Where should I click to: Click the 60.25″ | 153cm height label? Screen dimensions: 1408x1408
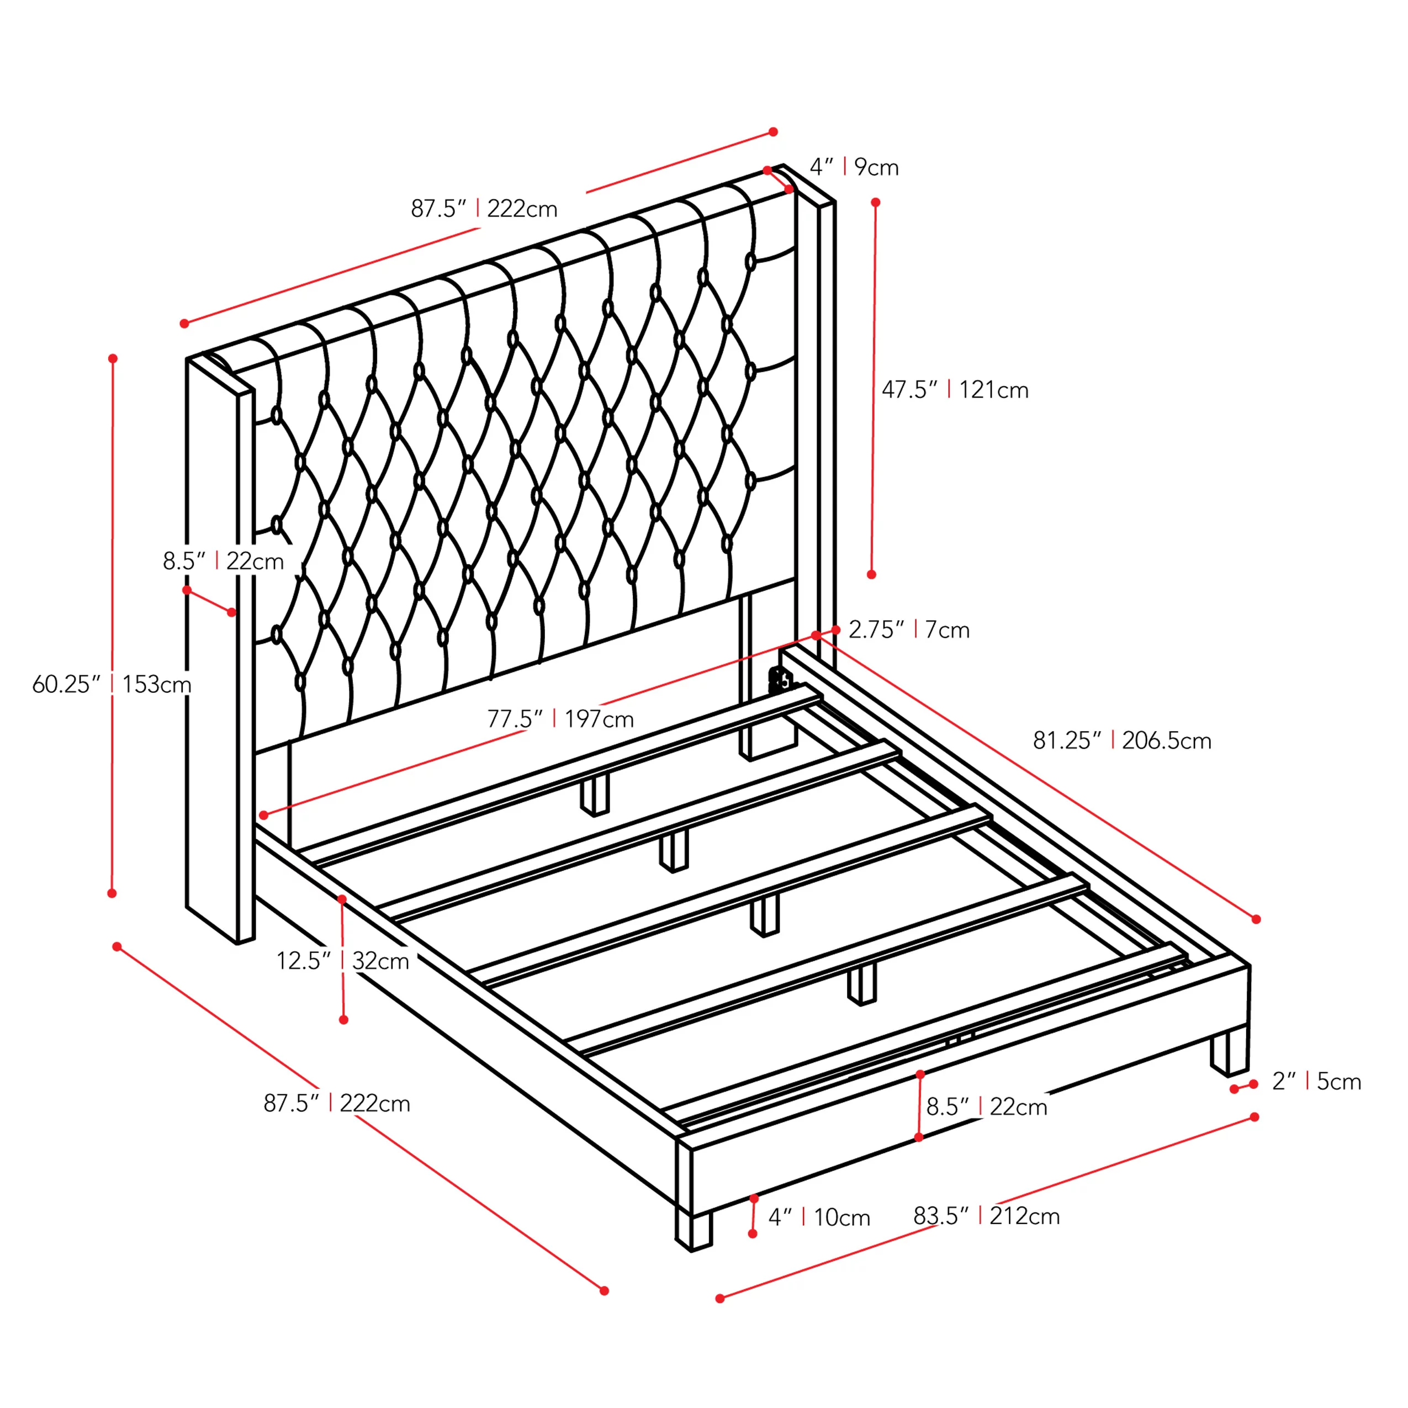pos(112,684)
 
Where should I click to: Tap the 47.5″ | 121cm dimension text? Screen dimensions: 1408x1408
pos(955,390)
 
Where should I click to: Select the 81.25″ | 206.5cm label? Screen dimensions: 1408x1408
pos(1123,740)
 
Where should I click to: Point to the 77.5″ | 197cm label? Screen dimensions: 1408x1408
pos(560,718)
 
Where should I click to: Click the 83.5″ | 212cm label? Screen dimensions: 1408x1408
pos(987,1216)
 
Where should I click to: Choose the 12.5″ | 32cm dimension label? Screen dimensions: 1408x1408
pos(342,961)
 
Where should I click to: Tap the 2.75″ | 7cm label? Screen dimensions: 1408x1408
pos(909,629)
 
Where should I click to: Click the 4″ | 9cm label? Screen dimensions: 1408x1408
pos(854,167)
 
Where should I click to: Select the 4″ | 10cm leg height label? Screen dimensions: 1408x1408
pos(819,1217)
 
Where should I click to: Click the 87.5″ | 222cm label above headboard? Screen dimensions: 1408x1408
pos(484,208)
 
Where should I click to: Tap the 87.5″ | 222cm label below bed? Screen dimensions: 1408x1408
pos(337,1103)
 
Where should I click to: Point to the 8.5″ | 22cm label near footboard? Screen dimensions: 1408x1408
pos(987,1107)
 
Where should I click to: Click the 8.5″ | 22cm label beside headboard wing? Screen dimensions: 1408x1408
pos(223,561)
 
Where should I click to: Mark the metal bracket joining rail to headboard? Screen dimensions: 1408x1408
pos(780,679)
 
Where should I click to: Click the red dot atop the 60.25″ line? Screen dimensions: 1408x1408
pos(113,358)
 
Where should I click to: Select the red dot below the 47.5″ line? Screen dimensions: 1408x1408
pos(872,575)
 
